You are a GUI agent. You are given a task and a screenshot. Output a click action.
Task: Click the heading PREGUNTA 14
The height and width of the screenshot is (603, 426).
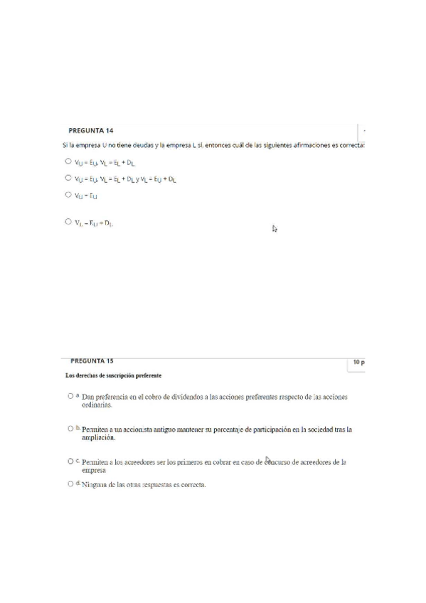click(x=90, y=131)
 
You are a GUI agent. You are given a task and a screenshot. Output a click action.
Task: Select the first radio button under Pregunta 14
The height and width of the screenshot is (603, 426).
click(x=68, y=161)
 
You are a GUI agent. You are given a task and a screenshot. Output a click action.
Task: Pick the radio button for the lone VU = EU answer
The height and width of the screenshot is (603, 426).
click(x=68, y=194)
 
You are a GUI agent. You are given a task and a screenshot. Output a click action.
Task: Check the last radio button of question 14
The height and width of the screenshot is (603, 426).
click(x=68, y=222)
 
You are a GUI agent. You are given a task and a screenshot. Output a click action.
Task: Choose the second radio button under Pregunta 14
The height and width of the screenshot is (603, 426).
click(x=68, y=178)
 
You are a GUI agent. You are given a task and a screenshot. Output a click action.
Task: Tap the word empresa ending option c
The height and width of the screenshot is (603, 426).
click(x=94, y=470)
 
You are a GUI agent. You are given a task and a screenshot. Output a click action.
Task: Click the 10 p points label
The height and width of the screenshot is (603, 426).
click(x=358, y=363)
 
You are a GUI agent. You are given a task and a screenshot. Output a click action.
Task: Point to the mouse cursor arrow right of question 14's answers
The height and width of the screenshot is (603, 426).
click(x=275, y=228)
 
